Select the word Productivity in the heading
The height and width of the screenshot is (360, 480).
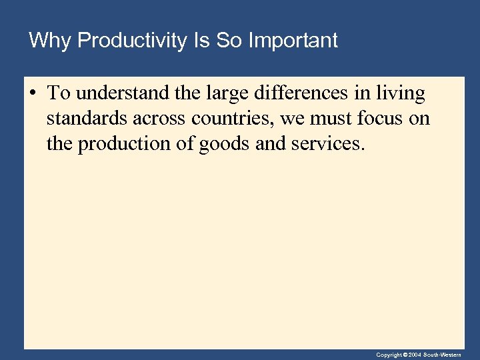(x=132, y=41)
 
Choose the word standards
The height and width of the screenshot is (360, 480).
(x=85, y=119)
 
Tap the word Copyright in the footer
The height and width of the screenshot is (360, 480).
(x=389, y=355)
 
